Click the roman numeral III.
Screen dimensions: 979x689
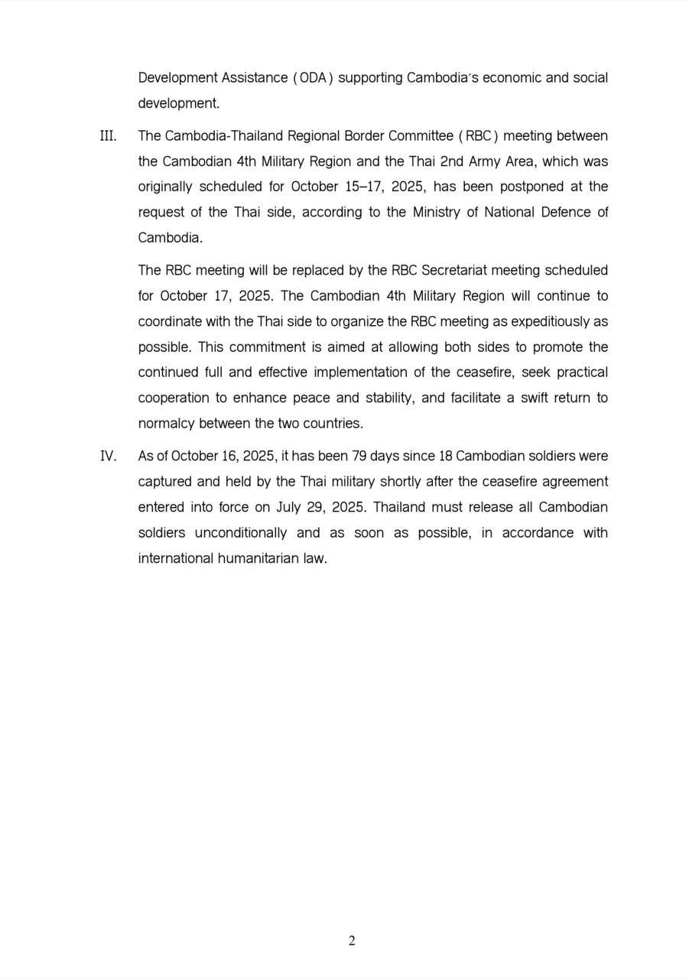tap(108, 136)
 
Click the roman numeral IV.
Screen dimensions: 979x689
tap(108, 456)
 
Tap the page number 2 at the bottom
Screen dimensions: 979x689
tap(352, 941)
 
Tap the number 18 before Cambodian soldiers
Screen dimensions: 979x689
tap(445, 456)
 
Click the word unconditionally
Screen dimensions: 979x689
tap(241, 532)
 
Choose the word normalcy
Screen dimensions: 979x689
tap(167, 423)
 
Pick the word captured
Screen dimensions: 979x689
tap(165, 482)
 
